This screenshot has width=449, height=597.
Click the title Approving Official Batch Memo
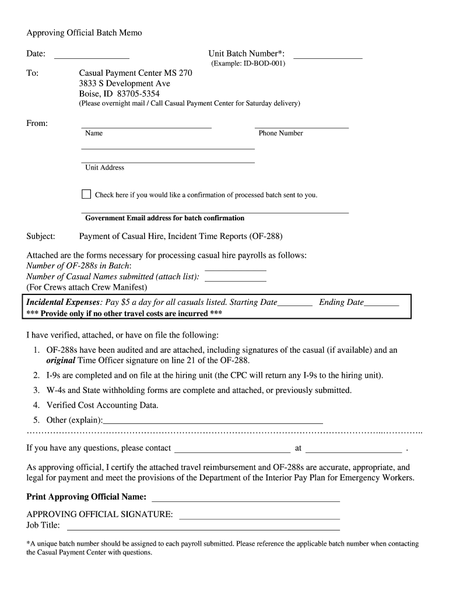coord(84,33)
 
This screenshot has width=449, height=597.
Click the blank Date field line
coord(92,56)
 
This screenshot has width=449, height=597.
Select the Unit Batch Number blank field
coord(328,56)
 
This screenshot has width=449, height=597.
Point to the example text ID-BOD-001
coord(264,63)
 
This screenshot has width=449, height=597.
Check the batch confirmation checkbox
coord(86,194)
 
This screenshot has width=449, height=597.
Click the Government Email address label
coord(164,218)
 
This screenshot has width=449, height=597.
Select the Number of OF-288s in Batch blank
coord(236,269)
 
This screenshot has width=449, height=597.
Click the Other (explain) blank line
coord(213,421)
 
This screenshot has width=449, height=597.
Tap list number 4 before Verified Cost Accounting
coord(36,405)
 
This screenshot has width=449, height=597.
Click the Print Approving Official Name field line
coord(245,499)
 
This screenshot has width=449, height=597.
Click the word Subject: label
coord(41,236)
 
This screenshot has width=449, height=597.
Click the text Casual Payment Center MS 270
coord(135,73)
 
